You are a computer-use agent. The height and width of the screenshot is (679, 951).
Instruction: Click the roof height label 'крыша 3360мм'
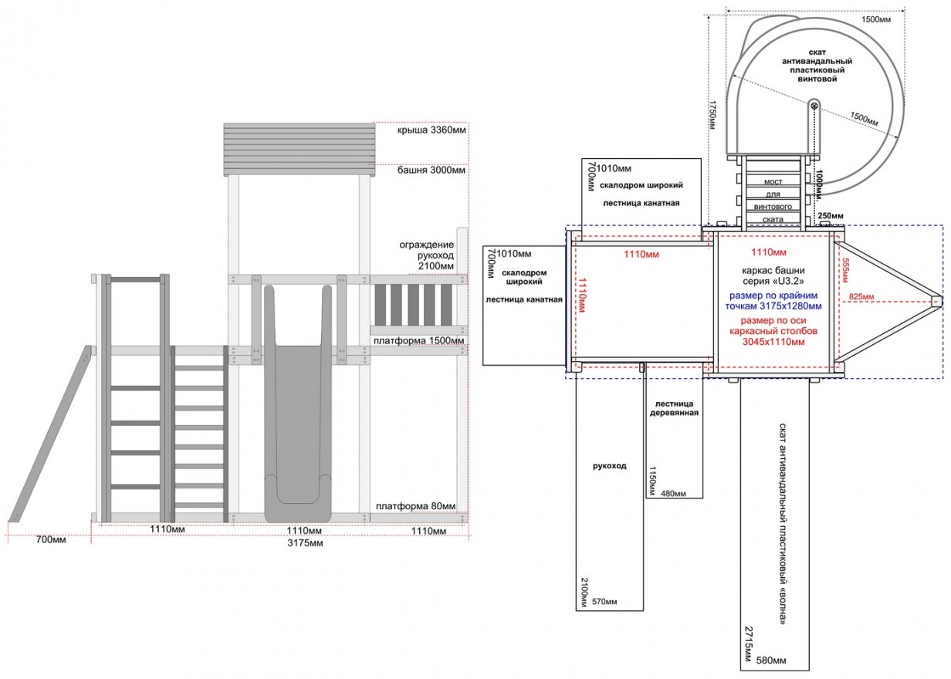tap(432, 130)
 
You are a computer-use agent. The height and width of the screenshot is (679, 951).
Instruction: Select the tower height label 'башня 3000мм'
tap(431, 171)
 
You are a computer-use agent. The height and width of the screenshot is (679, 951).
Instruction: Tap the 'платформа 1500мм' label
tap(418, 341)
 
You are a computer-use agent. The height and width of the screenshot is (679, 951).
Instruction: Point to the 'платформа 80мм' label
tap(415, 506)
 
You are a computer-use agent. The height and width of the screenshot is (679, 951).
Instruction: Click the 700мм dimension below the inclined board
tap(51, 540)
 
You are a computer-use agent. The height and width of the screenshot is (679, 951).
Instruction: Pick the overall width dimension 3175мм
tap(305, 542)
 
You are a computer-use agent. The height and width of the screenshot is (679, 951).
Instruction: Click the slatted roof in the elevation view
tap(300, 150)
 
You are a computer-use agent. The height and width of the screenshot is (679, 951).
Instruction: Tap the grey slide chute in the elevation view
tap(298, 403)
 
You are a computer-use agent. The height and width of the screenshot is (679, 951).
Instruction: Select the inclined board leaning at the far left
tap(50, 434)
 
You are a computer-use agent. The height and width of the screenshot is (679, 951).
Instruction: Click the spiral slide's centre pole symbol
tap(814, 106)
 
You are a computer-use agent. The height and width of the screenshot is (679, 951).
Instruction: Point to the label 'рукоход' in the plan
tap(609, 466)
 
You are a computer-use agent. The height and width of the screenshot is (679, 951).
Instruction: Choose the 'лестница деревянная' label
tap(674, 408)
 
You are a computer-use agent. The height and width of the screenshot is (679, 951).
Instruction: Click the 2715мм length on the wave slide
tap(749, 644)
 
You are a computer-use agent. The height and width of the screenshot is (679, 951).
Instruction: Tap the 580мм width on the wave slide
tap(771, 660)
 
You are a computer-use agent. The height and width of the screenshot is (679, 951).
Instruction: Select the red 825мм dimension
tap(861, 296)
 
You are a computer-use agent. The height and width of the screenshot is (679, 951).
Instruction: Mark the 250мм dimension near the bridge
tap(831, 215)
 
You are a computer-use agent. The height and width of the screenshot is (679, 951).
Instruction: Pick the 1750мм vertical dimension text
tap(712, 115)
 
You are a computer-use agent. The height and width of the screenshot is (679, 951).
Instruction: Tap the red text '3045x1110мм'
tap(773, 342)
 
